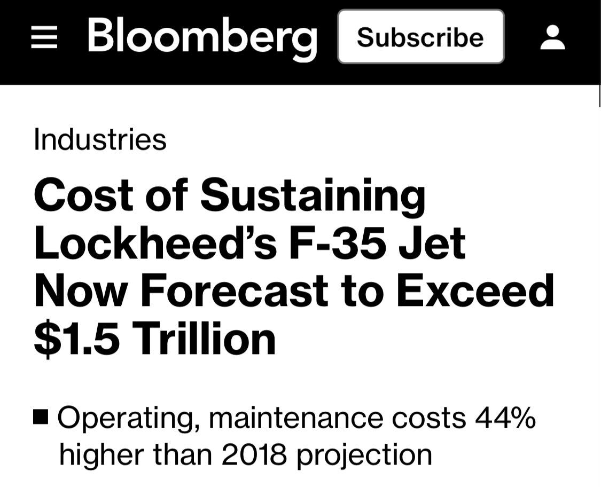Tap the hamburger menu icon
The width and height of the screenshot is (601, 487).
(x=44, y=38)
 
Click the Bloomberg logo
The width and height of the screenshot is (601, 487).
(x=202, y=37)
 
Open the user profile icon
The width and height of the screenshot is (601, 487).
(x=553, y=38)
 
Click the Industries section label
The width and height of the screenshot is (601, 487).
(x=100, y=139)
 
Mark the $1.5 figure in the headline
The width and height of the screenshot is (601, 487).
(x=77, y=340)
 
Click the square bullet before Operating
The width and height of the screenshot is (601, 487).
(x=41, y=416)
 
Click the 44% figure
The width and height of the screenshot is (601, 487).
(x=505, y=418)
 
